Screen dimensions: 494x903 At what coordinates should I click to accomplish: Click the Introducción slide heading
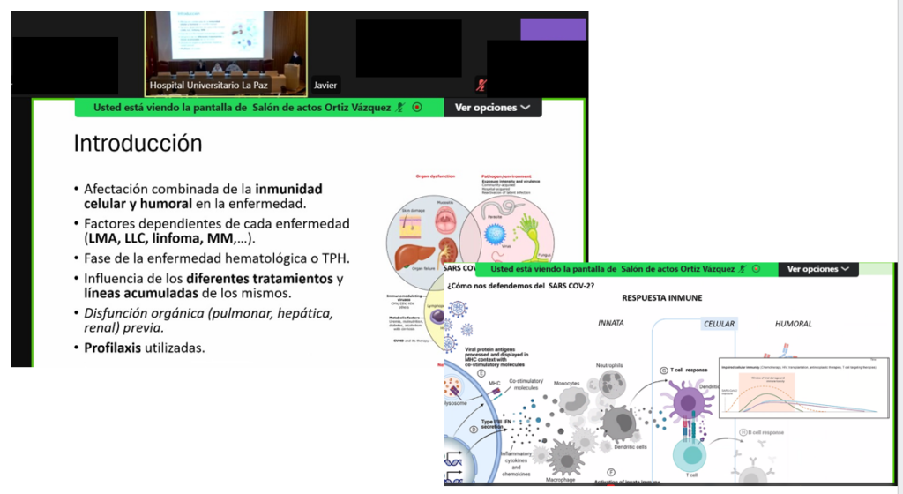tap(138, 143)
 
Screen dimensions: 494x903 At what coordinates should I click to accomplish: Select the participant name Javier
tap(326, 86)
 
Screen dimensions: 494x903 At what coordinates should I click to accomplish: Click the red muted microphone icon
tap(481, 85)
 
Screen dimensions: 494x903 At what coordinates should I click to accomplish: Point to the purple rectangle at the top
tap(553, 29)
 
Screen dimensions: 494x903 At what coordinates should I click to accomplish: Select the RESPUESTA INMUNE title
tap(661, 298)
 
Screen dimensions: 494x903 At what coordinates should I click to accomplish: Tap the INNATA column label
tap(610, 324)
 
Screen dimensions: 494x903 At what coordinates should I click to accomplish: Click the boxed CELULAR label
tap(719, 324)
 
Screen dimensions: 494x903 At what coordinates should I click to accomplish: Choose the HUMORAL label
tap(793, 324)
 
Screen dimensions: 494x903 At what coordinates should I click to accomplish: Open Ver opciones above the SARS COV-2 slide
tap(818, 269)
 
